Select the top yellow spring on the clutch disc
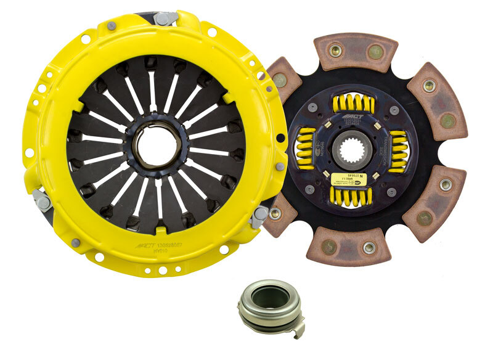[352, 104]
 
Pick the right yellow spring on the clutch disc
[398, 151]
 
